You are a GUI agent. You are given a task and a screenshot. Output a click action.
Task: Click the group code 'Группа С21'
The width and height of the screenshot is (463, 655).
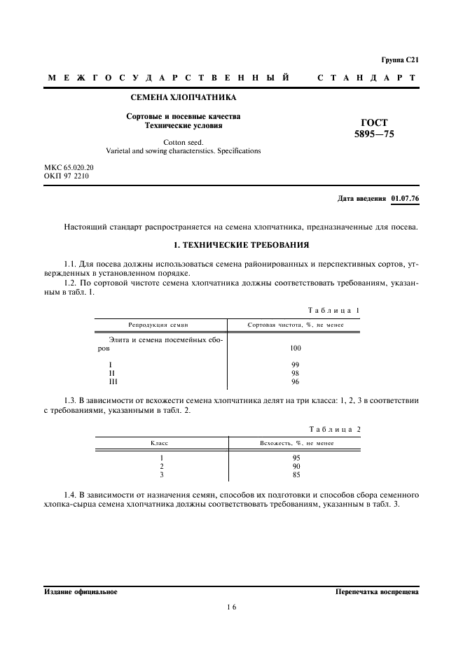pos(400,60)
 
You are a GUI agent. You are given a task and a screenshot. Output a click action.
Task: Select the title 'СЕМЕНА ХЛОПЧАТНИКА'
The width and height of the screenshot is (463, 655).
pos(184,97)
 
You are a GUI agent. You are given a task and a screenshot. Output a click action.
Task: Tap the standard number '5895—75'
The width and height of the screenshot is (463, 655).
pos(374,134)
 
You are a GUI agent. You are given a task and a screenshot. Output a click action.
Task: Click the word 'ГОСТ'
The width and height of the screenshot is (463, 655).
pos(374,122)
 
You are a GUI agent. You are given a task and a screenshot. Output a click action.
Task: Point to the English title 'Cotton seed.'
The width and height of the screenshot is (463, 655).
pos(183,141)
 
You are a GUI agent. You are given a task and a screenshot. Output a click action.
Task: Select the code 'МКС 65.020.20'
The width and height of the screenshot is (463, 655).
pos(69,168)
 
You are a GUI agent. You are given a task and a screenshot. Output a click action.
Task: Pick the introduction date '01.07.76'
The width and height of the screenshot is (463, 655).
pos(405,199)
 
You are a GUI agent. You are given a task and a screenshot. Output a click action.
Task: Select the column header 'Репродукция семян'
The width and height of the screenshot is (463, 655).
pos(158,325)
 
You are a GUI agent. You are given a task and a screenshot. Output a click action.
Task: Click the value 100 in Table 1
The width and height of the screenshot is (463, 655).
pos(295,348)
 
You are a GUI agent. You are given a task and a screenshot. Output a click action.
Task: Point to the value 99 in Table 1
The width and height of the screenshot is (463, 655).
pos(295,365)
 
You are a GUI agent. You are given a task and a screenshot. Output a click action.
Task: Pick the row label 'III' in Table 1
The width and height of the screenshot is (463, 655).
pos(113,382)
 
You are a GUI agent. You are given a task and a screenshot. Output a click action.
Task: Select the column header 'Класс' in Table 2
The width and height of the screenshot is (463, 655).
pos(159,443)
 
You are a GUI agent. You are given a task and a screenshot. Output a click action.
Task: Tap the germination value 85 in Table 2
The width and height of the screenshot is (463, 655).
pos(296,474)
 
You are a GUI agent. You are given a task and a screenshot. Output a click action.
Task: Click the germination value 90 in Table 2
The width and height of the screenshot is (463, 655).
pos(296,466)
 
